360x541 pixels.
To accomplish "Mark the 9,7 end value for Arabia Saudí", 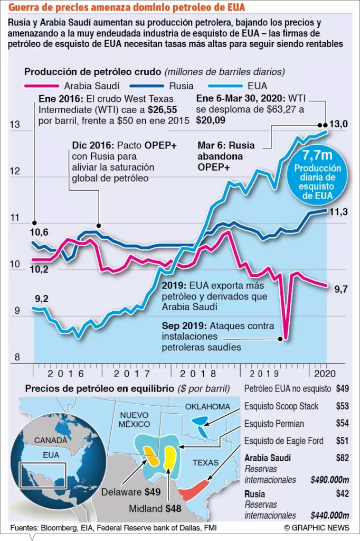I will coord(341,288).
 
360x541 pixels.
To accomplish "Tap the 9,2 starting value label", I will coord(43,299).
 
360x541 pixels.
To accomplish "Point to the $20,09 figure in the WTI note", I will coord(210,120).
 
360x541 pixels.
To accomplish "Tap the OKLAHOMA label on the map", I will coord(208,406).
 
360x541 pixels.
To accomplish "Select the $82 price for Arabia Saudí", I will coord(343,458).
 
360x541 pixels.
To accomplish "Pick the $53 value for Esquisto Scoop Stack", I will coord(343,406).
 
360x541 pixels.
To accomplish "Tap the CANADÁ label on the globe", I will coord(51,440).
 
